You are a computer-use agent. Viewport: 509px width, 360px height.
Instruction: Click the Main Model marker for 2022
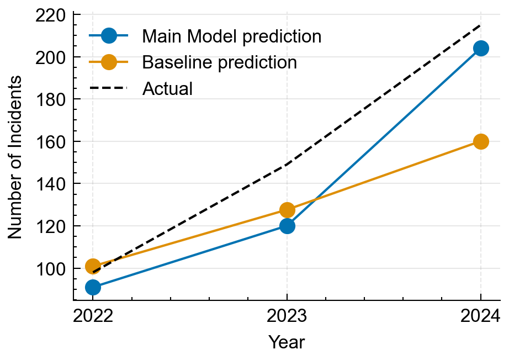pos(93,287)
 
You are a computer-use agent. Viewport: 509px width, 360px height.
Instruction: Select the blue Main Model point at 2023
pos(287,226)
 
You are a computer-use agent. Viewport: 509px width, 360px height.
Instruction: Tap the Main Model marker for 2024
pos(481,49)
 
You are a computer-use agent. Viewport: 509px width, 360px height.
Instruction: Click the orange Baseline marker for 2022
pos(93,266)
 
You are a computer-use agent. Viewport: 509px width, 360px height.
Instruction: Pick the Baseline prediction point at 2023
pos(287,210)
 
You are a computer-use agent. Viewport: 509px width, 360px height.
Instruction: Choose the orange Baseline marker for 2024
pos(481,141)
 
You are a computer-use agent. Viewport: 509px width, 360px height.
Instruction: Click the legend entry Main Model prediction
pos(231,36)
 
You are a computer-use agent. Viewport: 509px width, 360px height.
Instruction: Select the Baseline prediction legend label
pos(219,62)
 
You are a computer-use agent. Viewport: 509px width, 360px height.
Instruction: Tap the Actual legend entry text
pos(167,88)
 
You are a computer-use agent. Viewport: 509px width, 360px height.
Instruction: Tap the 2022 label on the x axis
pos(93,316)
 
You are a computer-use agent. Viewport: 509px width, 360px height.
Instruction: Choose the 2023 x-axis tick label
pos(287,316)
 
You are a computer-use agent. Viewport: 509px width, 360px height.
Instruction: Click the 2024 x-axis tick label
pos(480,316)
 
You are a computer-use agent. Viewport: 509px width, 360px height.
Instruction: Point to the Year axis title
pos(287,342)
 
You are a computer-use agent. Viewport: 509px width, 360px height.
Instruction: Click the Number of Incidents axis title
pos(15,157)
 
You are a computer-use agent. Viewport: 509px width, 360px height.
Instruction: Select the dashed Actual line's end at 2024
pos(480,25)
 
